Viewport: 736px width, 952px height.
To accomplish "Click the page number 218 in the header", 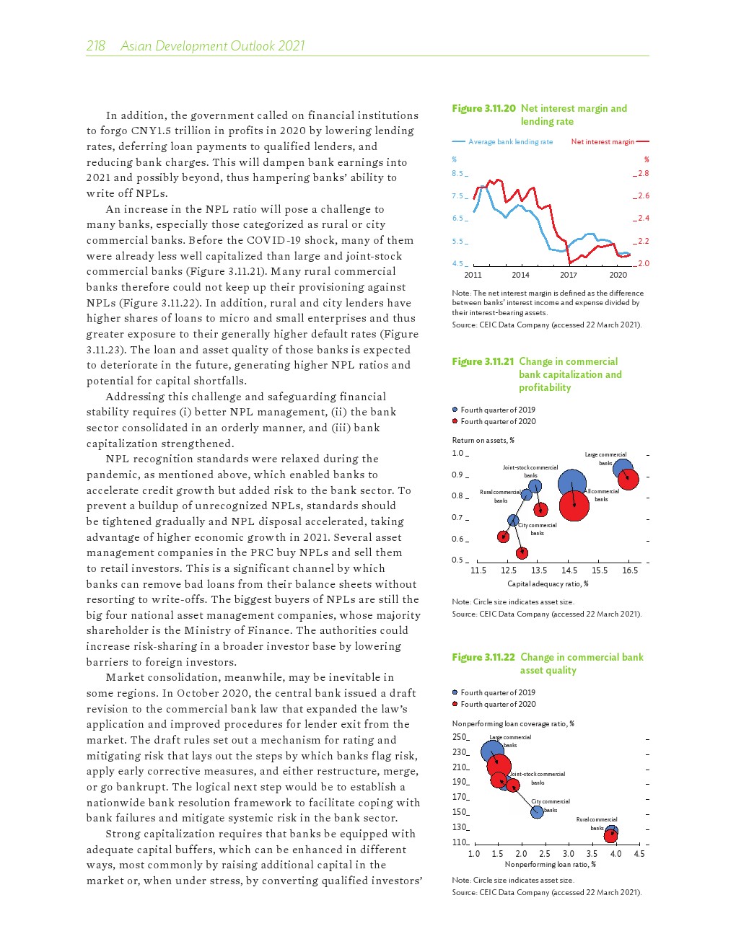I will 95,46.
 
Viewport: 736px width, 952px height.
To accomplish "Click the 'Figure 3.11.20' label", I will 483,108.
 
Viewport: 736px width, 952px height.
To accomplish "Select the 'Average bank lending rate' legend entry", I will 510,142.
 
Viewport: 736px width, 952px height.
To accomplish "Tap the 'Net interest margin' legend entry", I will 603,142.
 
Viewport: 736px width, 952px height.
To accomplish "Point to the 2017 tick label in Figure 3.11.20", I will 569,275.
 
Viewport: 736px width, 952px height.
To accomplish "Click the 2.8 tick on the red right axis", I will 643,173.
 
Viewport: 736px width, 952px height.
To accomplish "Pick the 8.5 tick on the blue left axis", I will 457,173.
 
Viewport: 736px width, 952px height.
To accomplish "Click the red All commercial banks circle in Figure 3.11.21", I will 574,506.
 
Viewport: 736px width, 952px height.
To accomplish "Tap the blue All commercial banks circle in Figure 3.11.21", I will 572,484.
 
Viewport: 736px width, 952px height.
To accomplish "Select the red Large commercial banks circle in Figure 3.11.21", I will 628,479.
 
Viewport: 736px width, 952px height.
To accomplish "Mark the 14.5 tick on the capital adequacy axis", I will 569,570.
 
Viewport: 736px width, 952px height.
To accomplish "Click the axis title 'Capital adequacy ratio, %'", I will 548,584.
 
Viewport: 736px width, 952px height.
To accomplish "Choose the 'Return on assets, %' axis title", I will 483,440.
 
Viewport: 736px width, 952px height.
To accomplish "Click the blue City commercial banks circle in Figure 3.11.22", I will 537,812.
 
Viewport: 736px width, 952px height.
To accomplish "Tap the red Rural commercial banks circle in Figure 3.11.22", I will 611,835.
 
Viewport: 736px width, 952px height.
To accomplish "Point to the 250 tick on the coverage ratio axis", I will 460,737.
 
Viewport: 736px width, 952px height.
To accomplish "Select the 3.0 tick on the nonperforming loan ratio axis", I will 569,854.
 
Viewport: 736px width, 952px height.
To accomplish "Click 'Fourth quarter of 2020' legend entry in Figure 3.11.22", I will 498,704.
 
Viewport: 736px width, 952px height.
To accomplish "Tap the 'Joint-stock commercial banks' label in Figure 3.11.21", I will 530,472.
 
